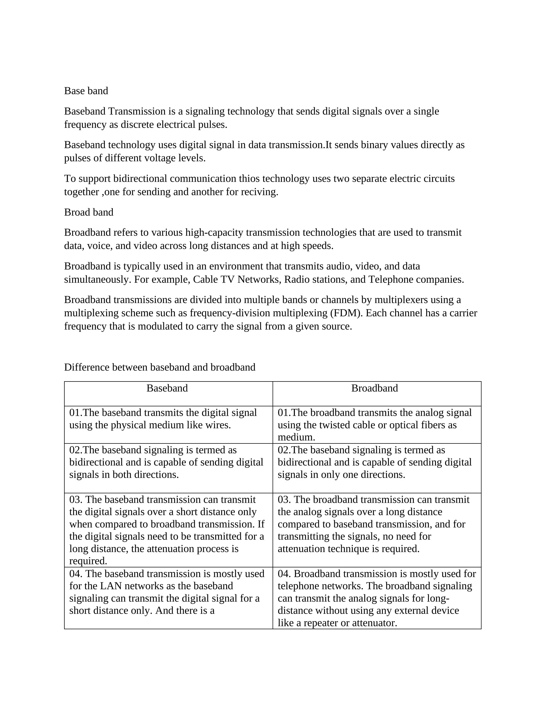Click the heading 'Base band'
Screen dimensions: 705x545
[x=86, y=91]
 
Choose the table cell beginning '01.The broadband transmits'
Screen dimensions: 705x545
[x=374, y=419]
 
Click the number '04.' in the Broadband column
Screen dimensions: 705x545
[x=284, y=574]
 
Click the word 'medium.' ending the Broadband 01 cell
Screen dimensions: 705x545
[x=296, y=437]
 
